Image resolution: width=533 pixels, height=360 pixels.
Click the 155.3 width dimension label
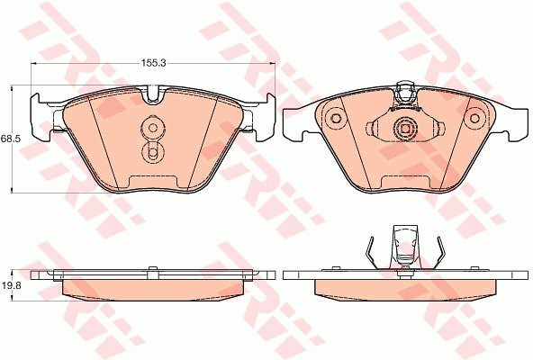click(153, 63)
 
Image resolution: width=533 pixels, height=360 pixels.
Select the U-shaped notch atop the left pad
click(153, 94)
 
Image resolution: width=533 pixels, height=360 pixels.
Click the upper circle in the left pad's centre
click(153, 128)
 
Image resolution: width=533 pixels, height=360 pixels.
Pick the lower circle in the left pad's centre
click(153, 152)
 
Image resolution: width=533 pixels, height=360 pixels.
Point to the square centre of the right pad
click(405, 129)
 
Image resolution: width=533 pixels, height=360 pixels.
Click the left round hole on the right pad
click(336, 119)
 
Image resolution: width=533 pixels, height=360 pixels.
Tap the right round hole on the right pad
click(474, 119)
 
